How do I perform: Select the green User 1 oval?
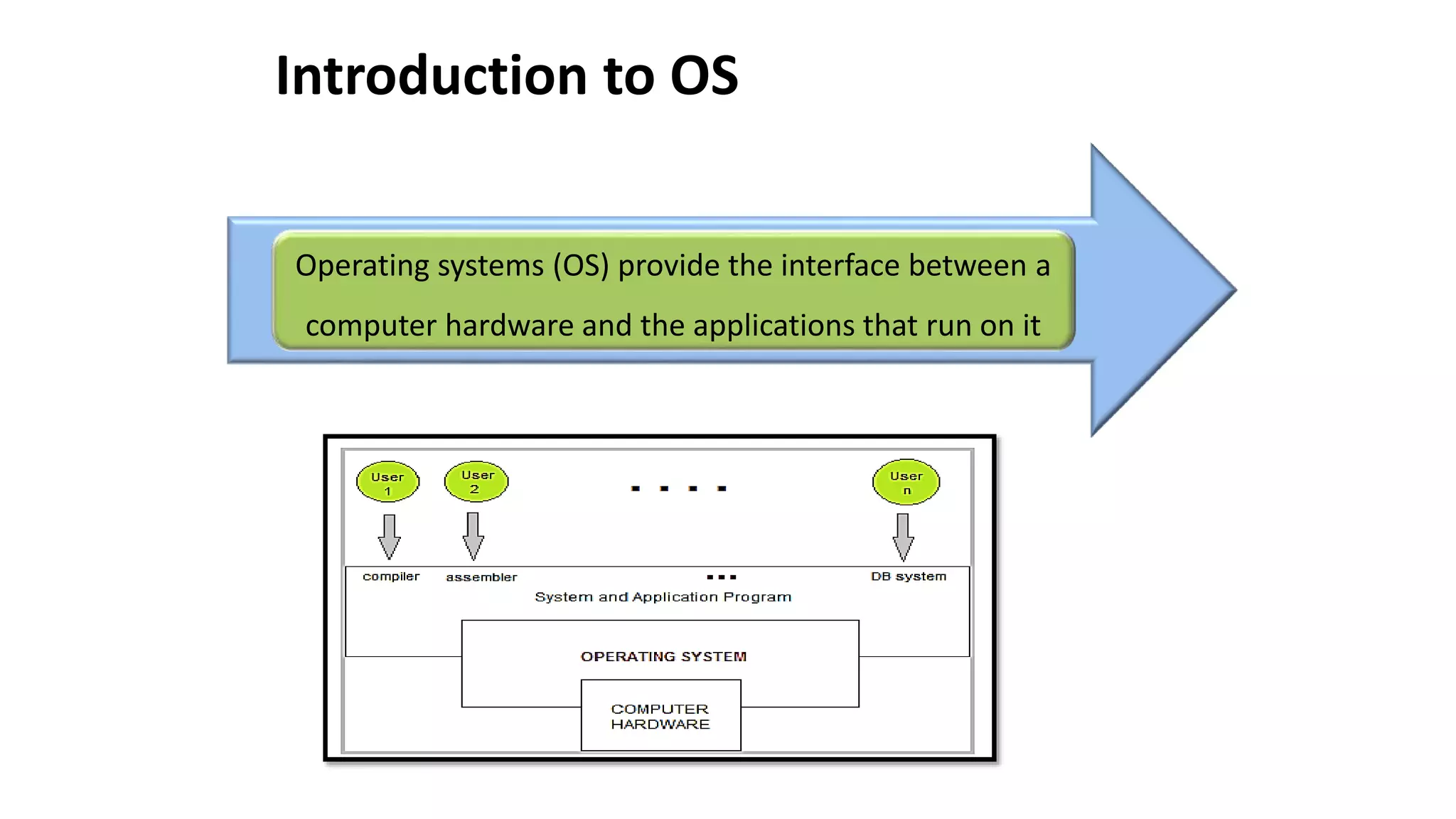(x=387, y=482)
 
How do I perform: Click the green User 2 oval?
(x=476, y=481)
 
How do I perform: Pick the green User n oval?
(x=906, y=482)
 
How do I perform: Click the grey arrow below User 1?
(x=389, y=537)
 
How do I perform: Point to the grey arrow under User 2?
(x=473, y=536)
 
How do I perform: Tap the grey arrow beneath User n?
(x=903, y=537)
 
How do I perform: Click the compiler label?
(x=391, y=577)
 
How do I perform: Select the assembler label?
(x=481, y=577)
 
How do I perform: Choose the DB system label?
(x=909, y=577)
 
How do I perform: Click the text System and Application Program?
(x=663, y=597)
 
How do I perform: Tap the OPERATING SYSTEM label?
(x=663, y=656)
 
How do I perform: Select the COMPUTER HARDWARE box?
(x=660, y=716)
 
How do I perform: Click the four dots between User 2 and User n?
(x=678, y=488)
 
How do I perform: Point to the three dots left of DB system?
(x=722, y=577)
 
